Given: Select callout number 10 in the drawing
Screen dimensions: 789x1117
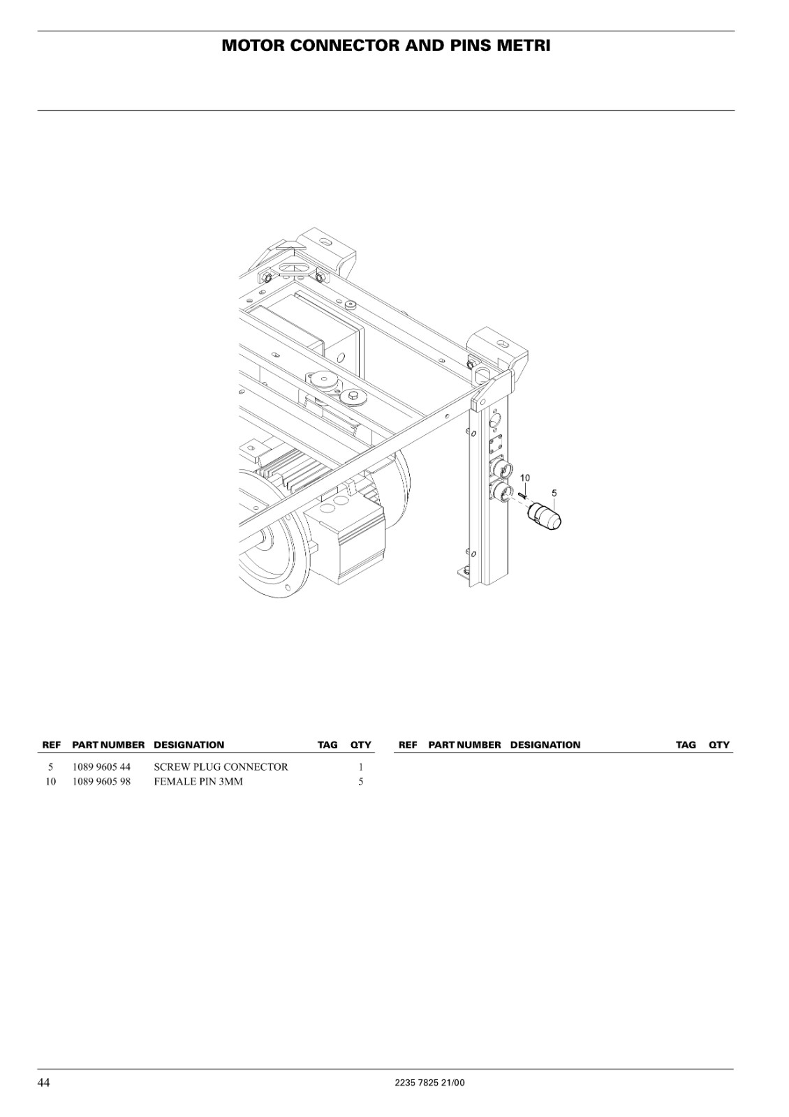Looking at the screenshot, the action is pos(525,478).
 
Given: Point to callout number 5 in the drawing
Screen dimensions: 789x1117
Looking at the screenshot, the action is pos(554,493).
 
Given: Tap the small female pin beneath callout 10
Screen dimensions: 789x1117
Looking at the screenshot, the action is pos(522,495).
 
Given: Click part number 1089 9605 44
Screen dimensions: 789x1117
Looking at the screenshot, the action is pos(101,767).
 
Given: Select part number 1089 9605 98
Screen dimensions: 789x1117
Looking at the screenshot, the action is pos(101,781).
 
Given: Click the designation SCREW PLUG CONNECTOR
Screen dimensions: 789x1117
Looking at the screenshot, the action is pos(221,767).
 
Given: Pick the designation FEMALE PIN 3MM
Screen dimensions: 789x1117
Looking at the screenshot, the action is pos(198,781).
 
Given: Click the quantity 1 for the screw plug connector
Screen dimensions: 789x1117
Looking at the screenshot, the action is pos(360,767).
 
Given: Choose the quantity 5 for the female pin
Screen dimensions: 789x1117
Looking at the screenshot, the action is pos(360,781).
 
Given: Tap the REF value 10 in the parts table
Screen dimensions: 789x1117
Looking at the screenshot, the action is pos(51,781).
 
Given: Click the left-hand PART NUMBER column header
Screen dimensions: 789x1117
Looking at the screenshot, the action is pos(108,745).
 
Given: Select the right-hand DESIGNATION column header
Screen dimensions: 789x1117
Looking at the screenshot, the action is pos(545,745).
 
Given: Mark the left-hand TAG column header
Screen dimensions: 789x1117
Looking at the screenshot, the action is pos(327,745).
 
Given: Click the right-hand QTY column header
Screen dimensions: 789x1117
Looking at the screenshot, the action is pos(719,745).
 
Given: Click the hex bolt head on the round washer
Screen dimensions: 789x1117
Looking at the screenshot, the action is pos(353,395).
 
